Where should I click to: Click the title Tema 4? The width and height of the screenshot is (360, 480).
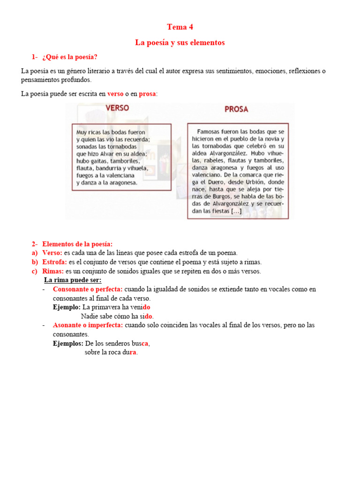click(x=180, y=27)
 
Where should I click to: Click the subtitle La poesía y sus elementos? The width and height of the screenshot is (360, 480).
click(x=180, y=43)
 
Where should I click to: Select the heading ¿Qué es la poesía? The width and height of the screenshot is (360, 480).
click(x=69, y=57)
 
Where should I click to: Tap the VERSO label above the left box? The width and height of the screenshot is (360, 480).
click(x=117, y=108)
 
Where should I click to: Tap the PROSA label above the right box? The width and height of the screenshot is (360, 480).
click(x=236, y=109)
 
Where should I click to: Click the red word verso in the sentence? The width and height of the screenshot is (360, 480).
click(x=115, y=94)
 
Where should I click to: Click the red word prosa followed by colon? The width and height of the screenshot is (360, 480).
click(x=148, y=94)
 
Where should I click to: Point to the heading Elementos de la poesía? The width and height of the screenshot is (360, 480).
click(x=77, y=244)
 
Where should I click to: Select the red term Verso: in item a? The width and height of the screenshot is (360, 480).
click(x=52, y=253)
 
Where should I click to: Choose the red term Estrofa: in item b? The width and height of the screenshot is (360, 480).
click(x=54, y=262)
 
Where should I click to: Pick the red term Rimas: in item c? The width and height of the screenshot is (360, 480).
click(x=52, y=271)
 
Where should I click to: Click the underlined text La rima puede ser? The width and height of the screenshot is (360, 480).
click(x=73, y=280)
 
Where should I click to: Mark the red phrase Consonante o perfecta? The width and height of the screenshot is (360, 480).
click(x=88, y=289)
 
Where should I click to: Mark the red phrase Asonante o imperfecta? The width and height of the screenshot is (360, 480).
click(x=88, y=325)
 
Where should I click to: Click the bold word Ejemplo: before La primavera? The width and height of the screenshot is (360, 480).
click(x=67, y=307)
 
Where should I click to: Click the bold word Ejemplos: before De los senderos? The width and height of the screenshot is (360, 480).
click(x=68, y=344)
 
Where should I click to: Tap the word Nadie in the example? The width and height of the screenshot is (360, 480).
click(x=90, y=316)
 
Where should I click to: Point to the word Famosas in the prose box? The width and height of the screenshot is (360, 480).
click(x=210, y=132)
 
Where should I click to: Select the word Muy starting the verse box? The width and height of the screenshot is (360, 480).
click(x=82, y=133)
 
